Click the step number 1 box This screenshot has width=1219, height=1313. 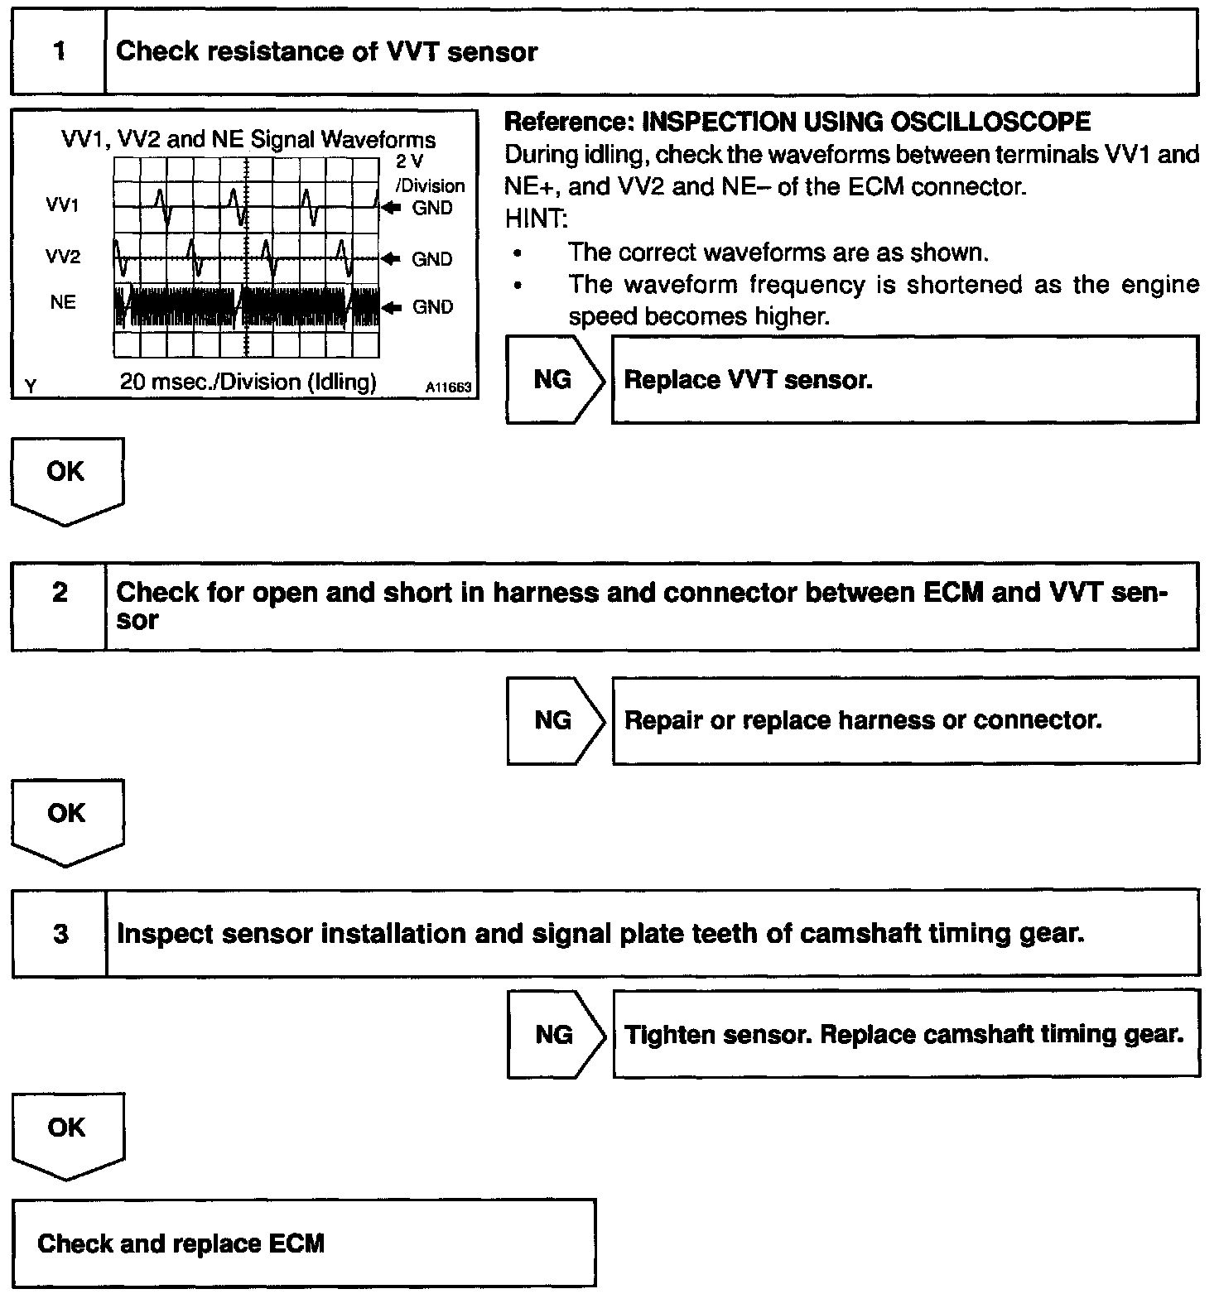click(x=58, y=51)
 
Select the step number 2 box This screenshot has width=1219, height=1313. click(x=59, y=606)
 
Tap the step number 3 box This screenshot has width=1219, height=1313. click(x=60, y=933)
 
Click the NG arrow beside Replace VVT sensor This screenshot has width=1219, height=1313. click(x=554, y=380)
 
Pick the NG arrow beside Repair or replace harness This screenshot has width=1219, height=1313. click(x=554, y=720)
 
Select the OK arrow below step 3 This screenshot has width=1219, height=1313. click(x=66, y=1132)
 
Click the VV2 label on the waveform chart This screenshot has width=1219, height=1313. click(x=63, y=257)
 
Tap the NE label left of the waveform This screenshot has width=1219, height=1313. click(x=63, y=303)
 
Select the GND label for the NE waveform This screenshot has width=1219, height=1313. click(x=432, y=308)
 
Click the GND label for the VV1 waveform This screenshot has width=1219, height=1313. click(x=432, y=209)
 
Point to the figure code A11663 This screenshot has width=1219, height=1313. click(x=448, y=387)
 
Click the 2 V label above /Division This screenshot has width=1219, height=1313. click(x=409, y=162)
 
